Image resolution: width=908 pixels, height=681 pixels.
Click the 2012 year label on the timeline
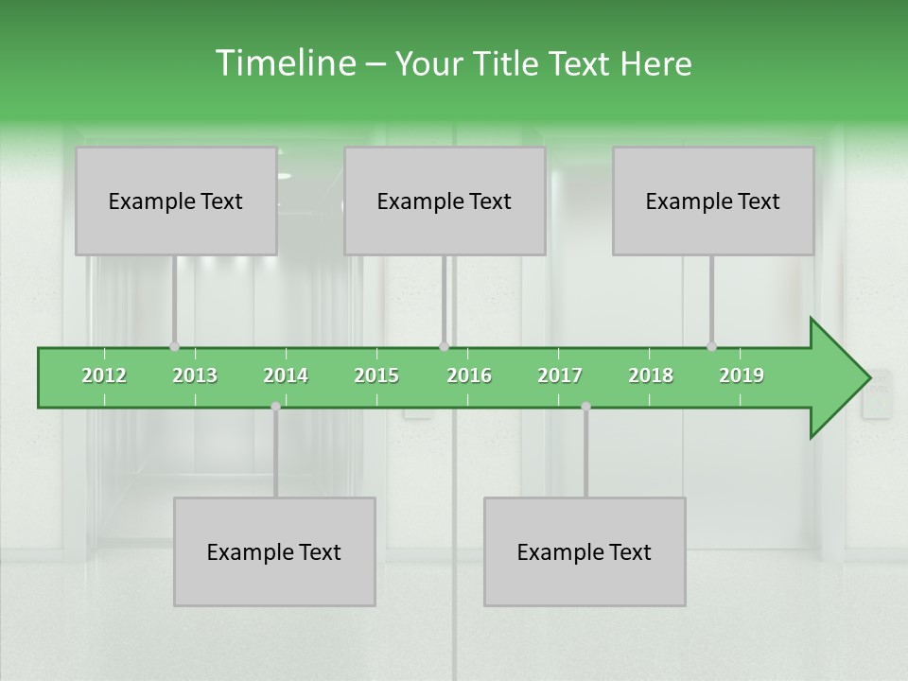point(104,375)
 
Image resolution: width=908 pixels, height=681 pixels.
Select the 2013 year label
point(195,375)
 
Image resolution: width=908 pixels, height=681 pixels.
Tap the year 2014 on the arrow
point(286,375)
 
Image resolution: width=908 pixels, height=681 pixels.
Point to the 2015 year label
point(376,375)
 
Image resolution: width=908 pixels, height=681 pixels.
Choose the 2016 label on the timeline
point(469,375)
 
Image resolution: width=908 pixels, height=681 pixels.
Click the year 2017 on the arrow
point(560,375)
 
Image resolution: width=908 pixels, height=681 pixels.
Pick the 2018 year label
point(651,375)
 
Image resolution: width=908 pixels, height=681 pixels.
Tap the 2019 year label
point(742,375)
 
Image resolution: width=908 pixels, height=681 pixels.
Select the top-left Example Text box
point(176,201)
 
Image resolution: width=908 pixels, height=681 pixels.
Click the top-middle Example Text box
point(445,201)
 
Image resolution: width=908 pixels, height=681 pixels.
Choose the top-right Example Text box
point(713,201)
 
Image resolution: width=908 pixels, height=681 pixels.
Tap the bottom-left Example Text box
point(274,551)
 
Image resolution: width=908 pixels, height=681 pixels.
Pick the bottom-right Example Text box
point(585,551)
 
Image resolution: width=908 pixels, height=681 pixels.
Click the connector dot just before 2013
point(174,346)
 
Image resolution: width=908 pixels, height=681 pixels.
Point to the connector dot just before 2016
point(444,346)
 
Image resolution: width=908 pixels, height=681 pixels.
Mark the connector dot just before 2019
point(711,346)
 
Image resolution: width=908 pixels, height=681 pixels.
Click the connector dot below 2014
point(275,406)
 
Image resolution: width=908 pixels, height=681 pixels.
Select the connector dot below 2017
point(585,406)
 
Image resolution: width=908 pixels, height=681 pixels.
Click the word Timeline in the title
point(284,63)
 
